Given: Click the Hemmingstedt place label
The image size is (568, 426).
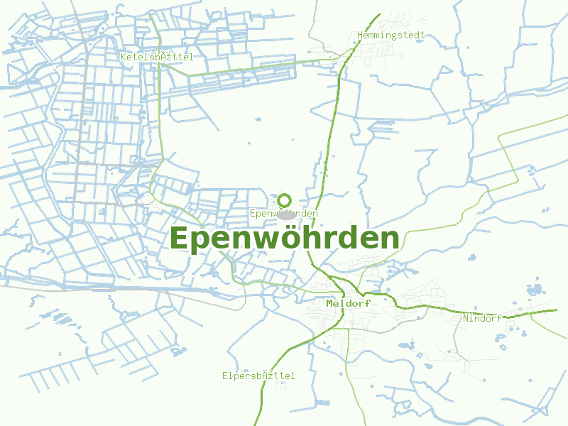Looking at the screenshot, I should pyautogui.click(x=391, y=35).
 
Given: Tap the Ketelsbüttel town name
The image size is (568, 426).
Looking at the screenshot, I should pyautogui.click(x=156, y=56).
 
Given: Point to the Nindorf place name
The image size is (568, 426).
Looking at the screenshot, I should pyautogui.click(x=482, y=318).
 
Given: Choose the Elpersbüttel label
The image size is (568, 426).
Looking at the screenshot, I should pyautogui.click(x=258, y=376).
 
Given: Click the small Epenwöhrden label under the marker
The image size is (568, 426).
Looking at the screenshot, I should pyautogui.click(x=284, y=213).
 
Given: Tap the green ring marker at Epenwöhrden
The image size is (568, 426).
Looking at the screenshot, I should pyautogui.click(x=285, y=200).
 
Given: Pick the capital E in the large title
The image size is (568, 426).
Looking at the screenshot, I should pyautogui.click(x=181, y=239).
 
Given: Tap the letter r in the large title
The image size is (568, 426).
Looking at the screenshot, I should pyautogui.click(x=342, y=240).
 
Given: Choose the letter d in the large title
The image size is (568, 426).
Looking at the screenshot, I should pyautogui.click(x=359, y=239).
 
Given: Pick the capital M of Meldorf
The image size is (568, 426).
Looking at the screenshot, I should pyautogui.click(x=330, y=303).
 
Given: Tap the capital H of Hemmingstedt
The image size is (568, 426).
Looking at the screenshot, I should pyautogui.click(x=361, y=35).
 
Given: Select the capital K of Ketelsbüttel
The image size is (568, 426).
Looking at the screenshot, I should pyautogui.click(x=124, y=56).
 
